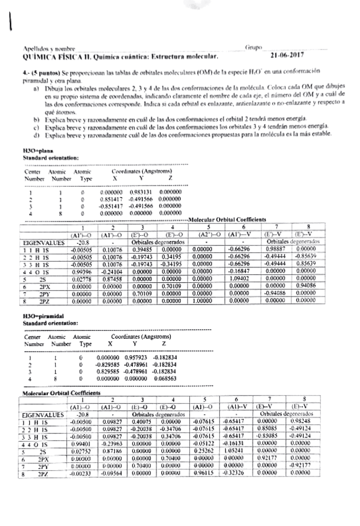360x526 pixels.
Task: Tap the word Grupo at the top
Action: pyautogui.click(x=253, y=47)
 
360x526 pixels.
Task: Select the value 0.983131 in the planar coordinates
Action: pyautogui.click(x=142, y=192)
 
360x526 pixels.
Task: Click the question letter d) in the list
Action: pyautogui.click(x=37, y=134)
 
